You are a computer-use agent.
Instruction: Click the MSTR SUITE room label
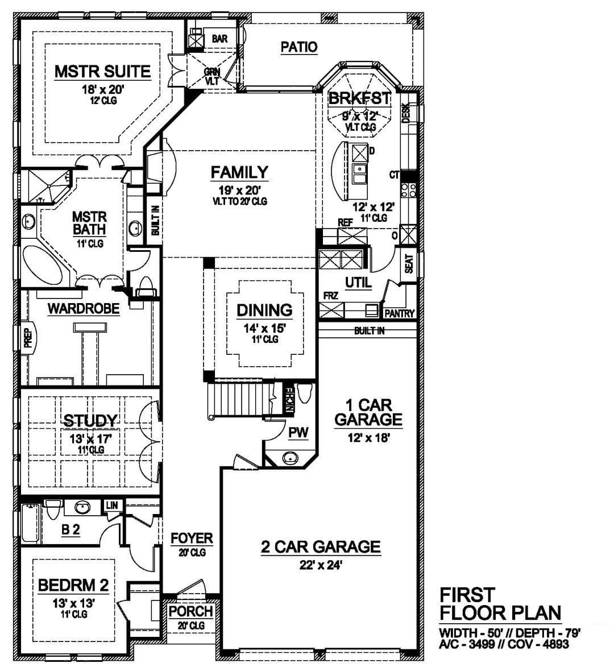coord(102,72)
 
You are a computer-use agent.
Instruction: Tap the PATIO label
coord(299,47)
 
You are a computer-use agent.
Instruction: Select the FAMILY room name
coord(239,172)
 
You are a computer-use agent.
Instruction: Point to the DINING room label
coord(264,310)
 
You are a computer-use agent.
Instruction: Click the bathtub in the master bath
coord(42,266)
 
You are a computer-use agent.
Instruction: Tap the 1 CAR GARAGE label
coord(368,412)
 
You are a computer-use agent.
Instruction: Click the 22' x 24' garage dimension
coord(321,565)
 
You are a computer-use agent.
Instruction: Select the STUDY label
coord(90,421)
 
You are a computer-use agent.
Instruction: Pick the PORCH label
coord(190,611)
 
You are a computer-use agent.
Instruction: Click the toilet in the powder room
coord(305,393)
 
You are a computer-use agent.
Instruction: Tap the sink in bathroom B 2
coord(82,507)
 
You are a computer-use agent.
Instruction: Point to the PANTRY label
coord(399,313)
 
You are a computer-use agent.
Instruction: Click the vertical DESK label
coord(406,113)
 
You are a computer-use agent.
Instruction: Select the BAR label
coord(219,39)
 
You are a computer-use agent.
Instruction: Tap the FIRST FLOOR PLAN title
coord(500,604)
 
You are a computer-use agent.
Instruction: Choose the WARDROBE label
coord(84,308)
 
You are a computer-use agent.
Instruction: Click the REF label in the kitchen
coord(345,222)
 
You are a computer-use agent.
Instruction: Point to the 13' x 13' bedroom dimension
coord(73,603)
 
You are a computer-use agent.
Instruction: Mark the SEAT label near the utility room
coord(409,264)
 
